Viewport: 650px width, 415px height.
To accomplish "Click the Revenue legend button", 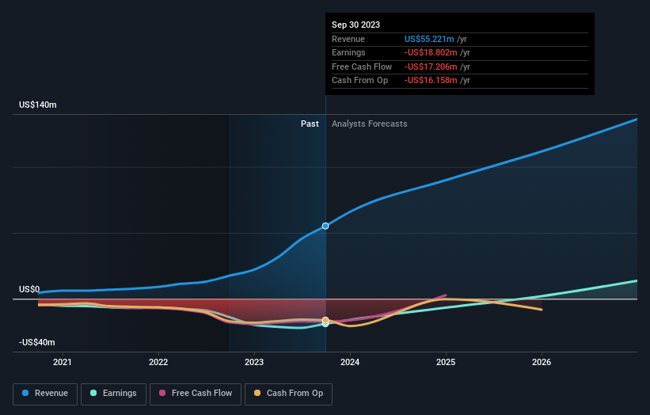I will click(x=45, y=393).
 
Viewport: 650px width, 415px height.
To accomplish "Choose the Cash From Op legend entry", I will click(x=288, y=393).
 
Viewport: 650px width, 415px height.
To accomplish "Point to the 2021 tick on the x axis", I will click(x=63, y=363).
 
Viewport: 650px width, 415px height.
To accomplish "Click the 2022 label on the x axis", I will click(x=158, y=363).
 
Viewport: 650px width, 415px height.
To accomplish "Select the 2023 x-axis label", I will click(x=255, y=363).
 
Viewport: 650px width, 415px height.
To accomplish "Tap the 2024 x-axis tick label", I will click(x=350, y=363).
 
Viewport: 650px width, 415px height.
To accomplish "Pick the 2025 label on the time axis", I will click(x=446, y=363).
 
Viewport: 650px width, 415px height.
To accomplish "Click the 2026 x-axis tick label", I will click(x=542, y=363).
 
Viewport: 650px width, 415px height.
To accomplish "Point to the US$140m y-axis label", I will click(x=38, y=105).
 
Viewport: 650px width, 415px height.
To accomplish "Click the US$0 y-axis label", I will click(x=29, y=289).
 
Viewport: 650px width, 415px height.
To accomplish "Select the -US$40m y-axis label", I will click(x=37, y=342).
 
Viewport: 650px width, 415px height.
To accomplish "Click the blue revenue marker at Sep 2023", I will click(x=325, y=226).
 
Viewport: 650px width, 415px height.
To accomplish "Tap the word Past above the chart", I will click(x=310, y=124).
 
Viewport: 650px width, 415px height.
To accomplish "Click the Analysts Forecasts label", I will click(x=370, y=124).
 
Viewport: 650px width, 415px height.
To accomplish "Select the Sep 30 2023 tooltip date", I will click(x=355, y=25).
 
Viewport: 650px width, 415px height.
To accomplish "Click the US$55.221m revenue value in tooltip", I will click(x=429, y=39).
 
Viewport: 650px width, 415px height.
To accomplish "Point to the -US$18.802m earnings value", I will click(x=429, y=53).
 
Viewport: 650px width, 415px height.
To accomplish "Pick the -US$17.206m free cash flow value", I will click(x=429, y=67).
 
